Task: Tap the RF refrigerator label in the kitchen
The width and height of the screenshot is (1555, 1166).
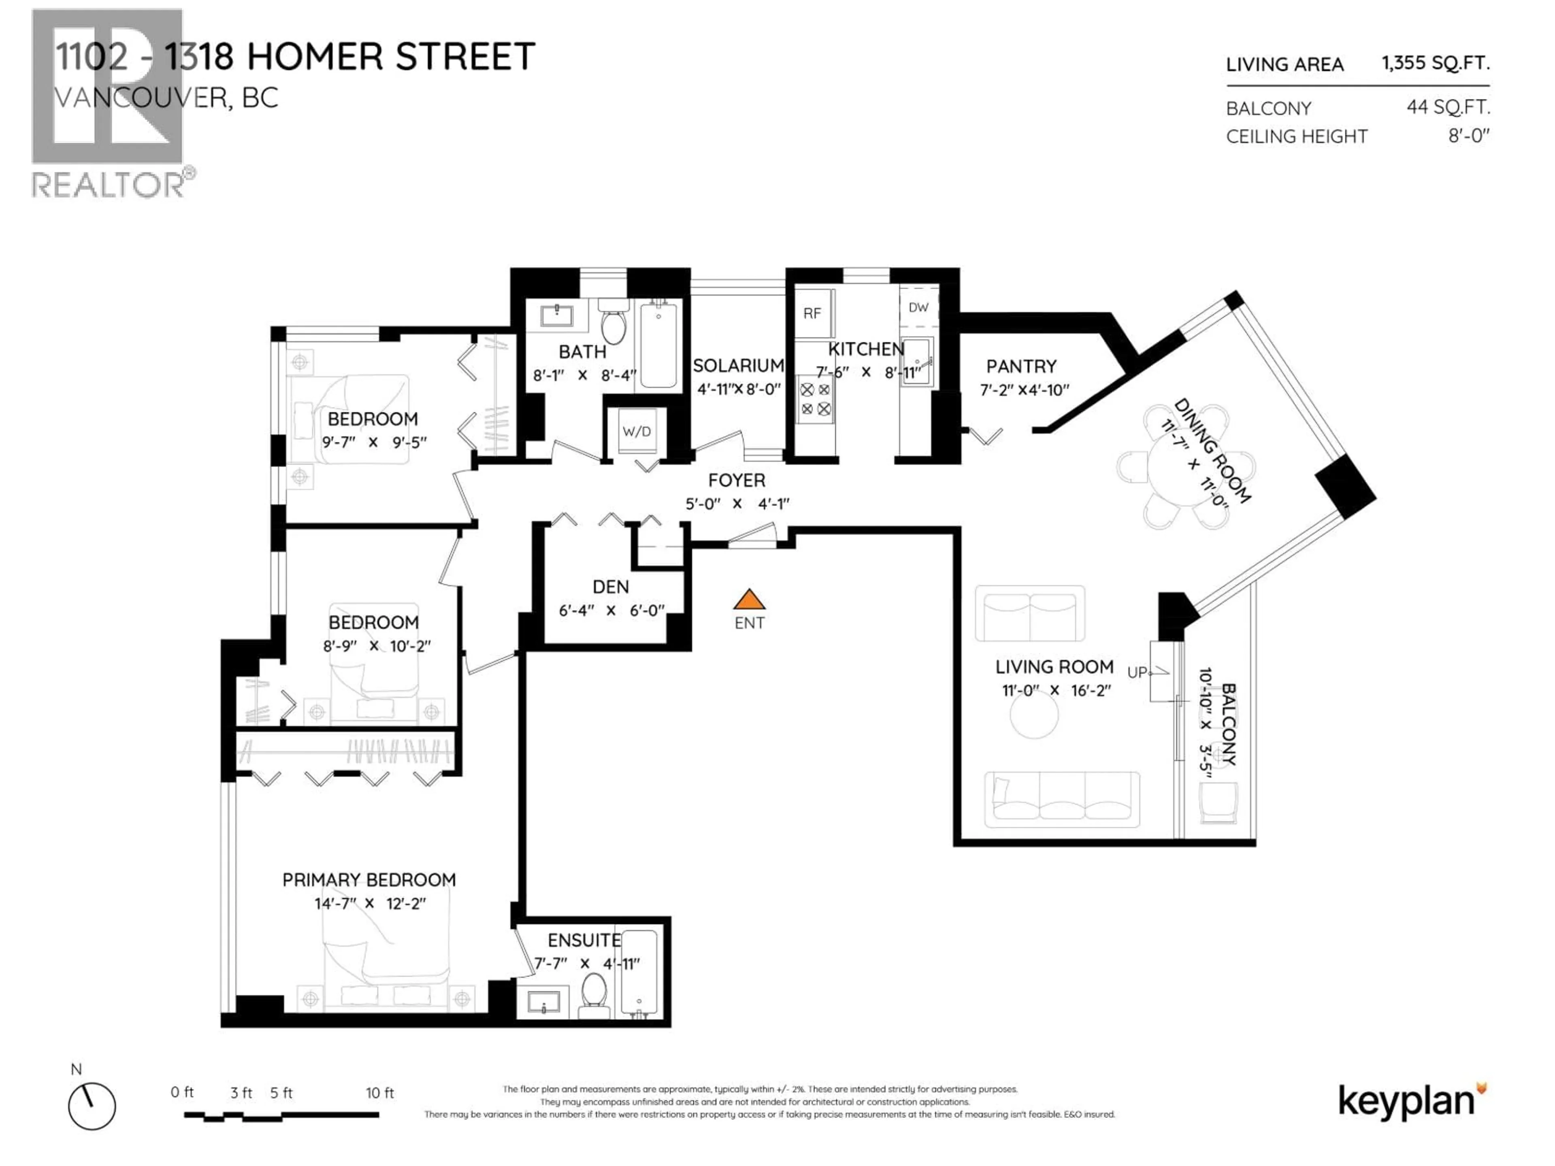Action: coord(812,313)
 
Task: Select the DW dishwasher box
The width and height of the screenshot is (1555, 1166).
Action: coord(918,307)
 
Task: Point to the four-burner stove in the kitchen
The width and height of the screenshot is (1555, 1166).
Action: coord(816,398)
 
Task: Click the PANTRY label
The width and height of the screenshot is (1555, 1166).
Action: coord(1021,366)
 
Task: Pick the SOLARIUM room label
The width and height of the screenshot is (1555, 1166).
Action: coord(738,366)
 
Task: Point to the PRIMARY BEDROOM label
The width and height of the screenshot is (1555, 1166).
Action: coord(369,880)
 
